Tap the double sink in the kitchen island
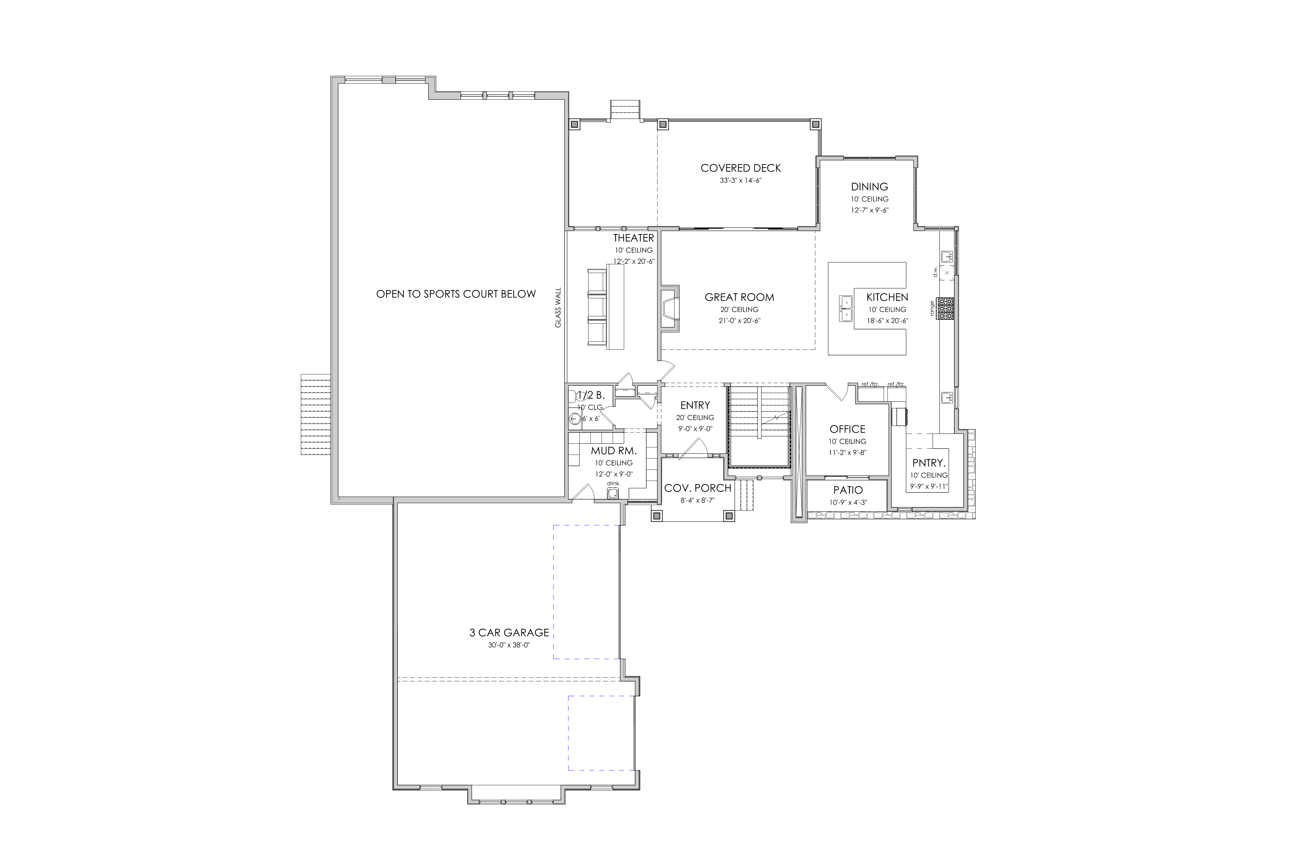click(x=846, y=308)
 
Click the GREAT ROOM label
click(x=739, y=297)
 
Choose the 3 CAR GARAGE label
click(x=509, y=632)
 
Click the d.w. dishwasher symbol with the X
click(x=947, y=272)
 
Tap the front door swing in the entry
click(x=693, y=447)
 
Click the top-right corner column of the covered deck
click(x=816, y=124)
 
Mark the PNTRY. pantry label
click(x=929, y=463)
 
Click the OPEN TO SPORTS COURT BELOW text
click(x=456, y=294)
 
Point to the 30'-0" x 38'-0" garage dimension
click(x=509, y=645)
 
